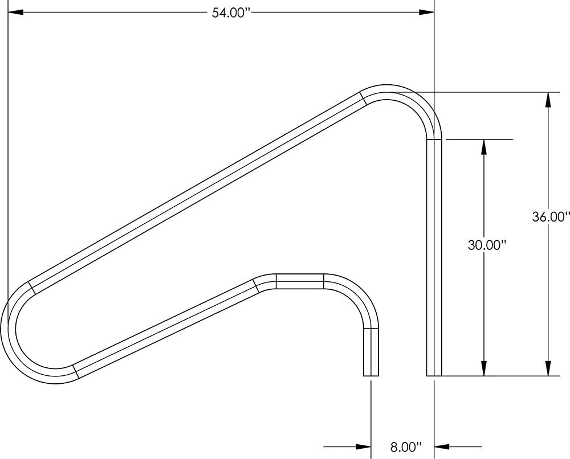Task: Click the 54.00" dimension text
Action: pos(231,13)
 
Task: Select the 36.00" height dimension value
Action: pos(551,216)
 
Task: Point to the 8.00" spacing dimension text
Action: pos(406,446)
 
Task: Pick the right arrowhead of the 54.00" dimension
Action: pos(426,13)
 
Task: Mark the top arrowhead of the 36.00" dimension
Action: pos(548,100)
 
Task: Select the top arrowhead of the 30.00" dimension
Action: pos(484,147)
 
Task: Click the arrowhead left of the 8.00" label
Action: pos(363,446)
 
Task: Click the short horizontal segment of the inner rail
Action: pos(300,281)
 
